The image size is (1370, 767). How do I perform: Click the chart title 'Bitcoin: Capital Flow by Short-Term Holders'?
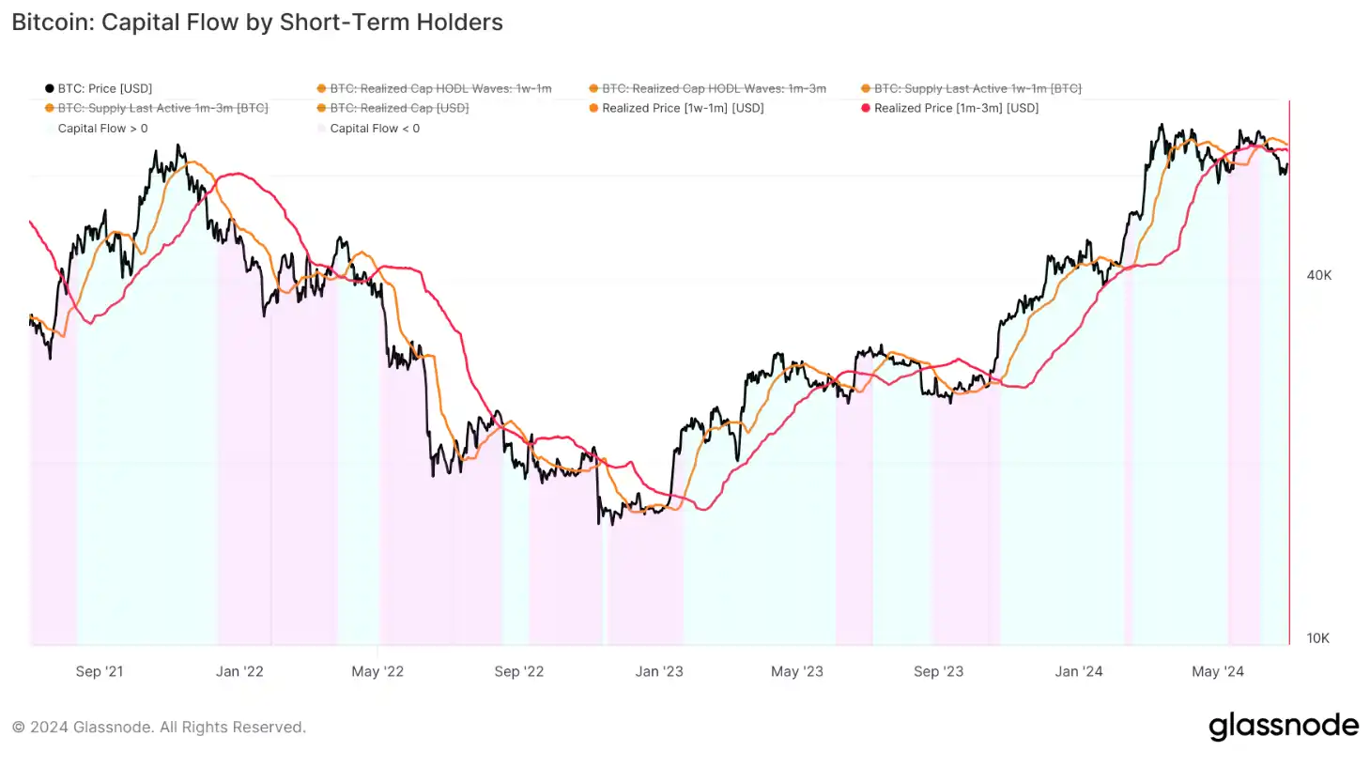coord(257,23)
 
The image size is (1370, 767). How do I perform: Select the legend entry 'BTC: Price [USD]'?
coord(104,88)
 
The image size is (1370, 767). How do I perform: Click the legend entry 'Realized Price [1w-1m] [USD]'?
coord(683,108)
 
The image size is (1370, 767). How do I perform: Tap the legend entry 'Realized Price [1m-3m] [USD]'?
coord(956,108)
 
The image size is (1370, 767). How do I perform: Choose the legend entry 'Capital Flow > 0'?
coord(102,129)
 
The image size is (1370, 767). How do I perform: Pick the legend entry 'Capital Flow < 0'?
coord(375,129)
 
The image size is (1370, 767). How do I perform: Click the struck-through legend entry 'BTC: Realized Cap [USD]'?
coord(399,108)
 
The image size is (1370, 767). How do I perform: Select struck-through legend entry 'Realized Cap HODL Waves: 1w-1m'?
coord(440,88)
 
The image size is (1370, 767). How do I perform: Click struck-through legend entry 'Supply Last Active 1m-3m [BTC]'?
coord(162,108)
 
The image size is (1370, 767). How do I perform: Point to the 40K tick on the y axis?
coord(1318,275)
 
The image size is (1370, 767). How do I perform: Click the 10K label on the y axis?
coord(1317,638)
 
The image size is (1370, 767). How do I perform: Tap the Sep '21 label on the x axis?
coord(100,671)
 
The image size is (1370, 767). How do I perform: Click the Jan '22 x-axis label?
coord(239,671)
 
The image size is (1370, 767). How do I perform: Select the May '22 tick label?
coord(377,671)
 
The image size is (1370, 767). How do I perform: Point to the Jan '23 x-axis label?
coord(659,671)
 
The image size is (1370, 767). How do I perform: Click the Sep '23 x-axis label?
coord(938,671)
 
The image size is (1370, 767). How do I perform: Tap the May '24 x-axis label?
coord(1217,671)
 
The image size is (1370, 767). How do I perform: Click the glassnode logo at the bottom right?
coord(1283,726)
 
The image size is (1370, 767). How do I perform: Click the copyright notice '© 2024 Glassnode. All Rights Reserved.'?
coord(159,728)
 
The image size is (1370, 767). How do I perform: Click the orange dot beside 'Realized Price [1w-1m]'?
coord(593,108)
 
